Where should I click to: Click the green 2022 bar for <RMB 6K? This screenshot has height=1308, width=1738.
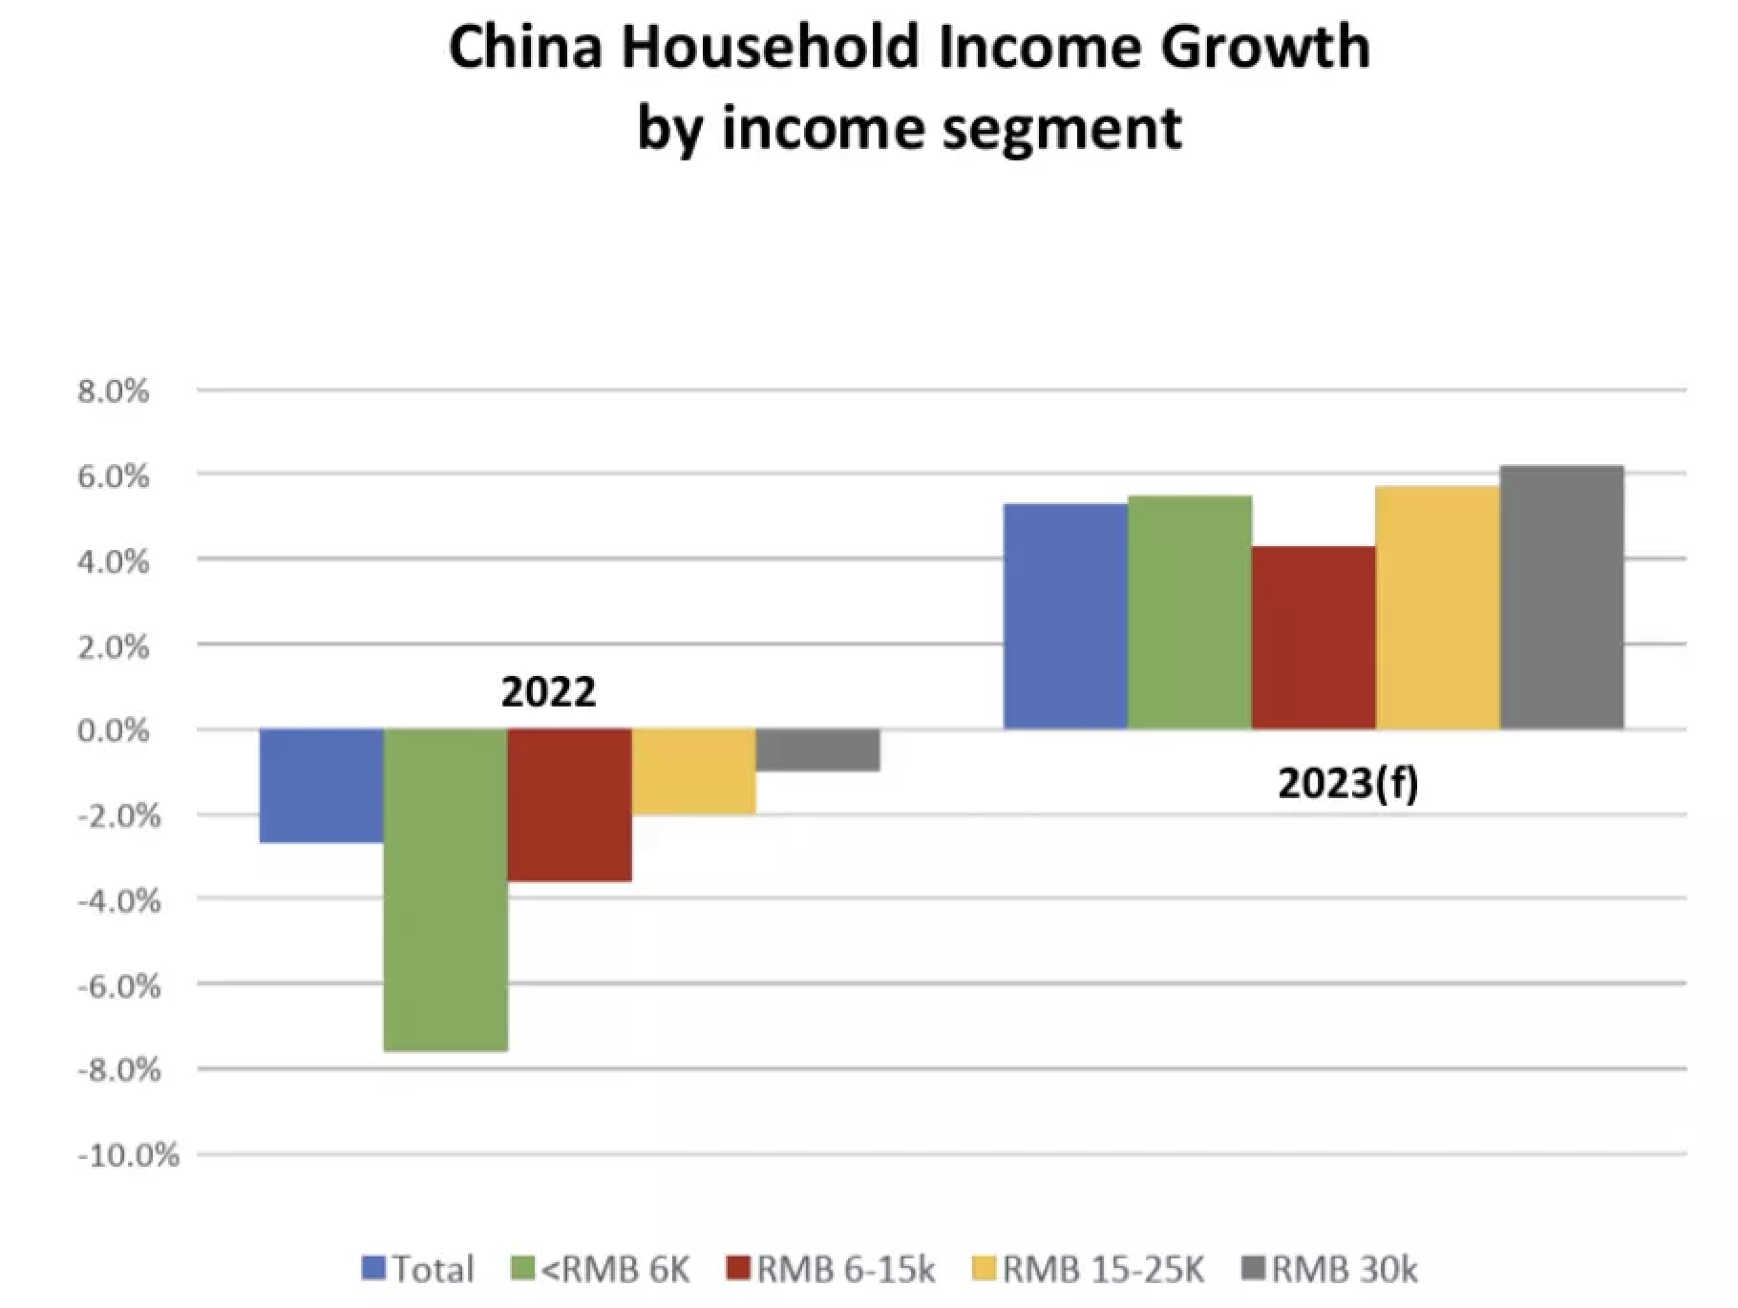445,890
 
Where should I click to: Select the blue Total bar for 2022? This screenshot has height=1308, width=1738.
321,786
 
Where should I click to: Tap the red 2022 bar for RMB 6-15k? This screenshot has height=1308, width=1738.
569,805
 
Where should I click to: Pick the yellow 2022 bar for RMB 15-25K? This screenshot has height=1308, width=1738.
693,771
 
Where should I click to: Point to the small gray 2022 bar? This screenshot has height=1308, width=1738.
817,749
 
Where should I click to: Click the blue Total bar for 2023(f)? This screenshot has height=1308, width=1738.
1066,617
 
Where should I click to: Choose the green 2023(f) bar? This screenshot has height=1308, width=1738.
1190,612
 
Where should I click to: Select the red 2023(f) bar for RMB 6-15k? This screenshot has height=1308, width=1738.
1314,638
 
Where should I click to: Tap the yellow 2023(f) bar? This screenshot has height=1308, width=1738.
1438,608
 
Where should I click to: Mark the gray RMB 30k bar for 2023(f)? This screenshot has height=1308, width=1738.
1562,598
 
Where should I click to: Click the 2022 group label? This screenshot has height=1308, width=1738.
548,692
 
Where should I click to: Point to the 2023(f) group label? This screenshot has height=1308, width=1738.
1347,784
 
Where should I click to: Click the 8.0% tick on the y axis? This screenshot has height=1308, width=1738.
114,390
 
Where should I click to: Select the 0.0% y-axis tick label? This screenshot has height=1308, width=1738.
114,731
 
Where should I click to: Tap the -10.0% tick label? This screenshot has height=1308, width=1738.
128,1156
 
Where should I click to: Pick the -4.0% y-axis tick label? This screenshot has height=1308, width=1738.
118,900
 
